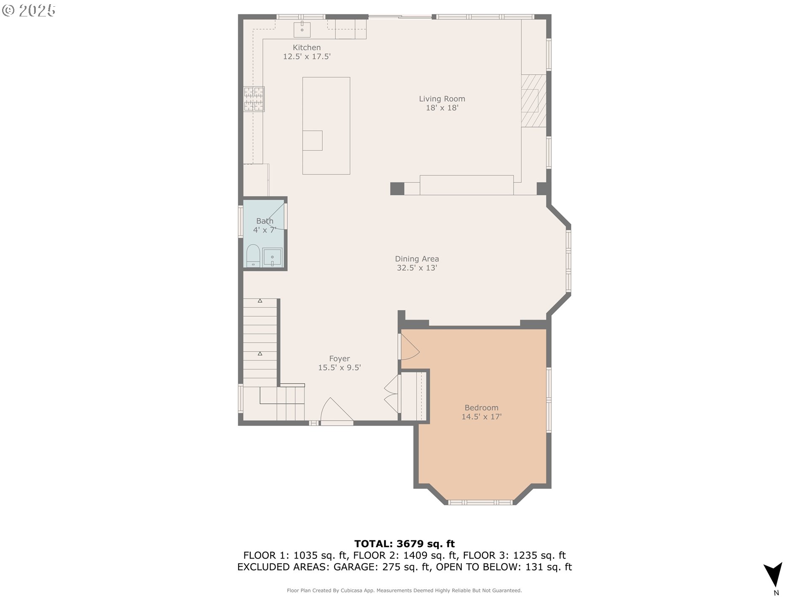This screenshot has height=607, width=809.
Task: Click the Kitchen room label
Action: coord(307,48)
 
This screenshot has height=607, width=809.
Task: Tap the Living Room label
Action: coord(442,99)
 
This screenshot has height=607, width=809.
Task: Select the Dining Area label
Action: coord(417,259)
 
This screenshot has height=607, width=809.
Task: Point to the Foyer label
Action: coord(340,359)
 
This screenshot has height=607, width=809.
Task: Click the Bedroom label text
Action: coord(481,408)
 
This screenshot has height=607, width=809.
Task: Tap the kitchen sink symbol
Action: coord(302,30)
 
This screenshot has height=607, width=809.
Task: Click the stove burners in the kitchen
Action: coord(254,99)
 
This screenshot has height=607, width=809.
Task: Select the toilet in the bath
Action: coord(253,255)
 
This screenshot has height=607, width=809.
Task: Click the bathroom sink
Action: coord(272,257)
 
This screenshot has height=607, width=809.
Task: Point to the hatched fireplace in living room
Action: coord(534,101)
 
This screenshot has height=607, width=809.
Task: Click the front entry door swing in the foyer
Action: coord(336,410)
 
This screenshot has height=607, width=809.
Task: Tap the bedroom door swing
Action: coord(409,346)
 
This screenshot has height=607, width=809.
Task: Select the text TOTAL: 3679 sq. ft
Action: coord(404,544)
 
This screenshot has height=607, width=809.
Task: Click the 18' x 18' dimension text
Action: coord(442,108)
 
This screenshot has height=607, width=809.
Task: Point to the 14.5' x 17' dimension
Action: coord(481,417)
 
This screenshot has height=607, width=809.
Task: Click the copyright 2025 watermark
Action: coord(29,11)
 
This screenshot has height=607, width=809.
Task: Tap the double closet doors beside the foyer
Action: coord(391,395)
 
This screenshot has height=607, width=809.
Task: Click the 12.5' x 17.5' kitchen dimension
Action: coord(307,56)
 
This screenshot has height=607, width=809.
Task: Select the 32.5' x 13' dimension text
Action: coord(417,268)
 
